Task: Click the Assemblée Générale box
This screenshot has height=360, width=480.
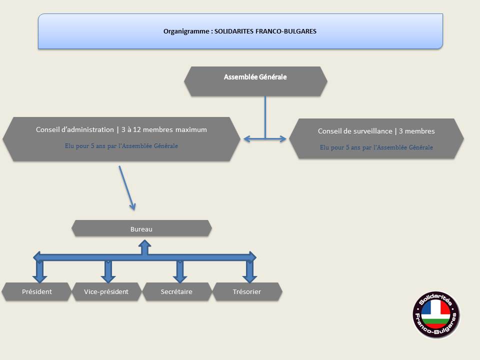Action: coord(255,81)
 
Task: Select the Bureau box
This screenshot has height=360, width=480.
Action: coord(141,228)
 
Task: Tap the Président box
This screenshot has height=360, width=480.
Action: coord(36,291)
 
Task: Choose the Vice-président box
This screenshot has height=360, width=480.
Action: coord(106,291)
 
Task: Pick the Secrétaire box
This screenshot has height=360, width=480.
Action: coord(177,291)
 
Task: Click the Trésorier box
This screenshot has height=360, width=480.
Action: coord(247,291)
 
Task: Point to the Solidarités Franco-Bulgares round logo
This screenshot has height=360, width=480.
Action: coord(436,314)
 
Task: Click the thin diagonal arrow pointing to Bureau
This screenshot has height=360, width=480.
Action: coord(126,188)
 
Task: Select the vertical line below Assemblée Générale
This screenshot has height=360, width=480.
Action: coord(265,117)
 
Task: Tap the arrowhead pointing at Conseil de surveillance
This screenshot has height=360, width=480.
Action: coord(282,139)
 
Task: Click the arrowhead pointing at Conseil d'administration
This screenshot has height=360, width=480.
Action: coord(247,139)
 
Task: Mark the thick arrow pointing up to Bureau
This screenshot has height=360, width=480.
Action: coord(145,247)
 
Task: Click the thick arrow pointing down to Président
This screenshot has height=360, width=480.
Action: coord(40,271)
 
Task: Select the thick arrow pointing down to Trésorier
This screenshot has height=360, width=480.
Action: coord(250,271)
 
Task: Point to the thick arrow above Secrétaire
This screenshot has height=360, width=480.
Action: coord(180,271)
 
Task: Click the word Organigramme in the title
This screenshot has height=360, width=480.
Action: coord(186,31)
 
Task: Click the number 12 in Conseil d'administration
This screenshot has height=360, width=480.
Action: coord(137,129)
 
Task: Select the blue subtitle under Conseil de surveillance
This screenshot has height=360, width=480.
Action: coord(376,147)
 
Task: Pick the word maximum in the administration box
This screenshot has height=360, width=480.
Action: coord(191,129)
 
